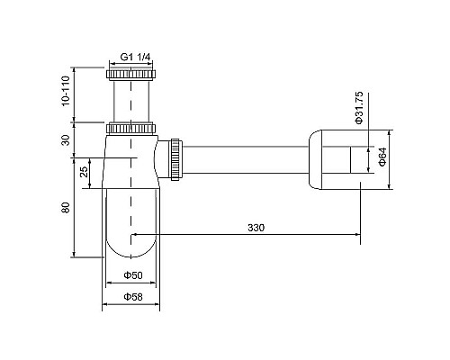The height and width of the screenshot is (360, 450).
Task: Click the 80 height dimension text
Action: pyautogui.click(x=66, y=209)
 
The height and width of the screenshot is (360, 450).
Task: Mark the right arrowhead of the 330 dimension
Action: pyautogui.click(x=358, y=237)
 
